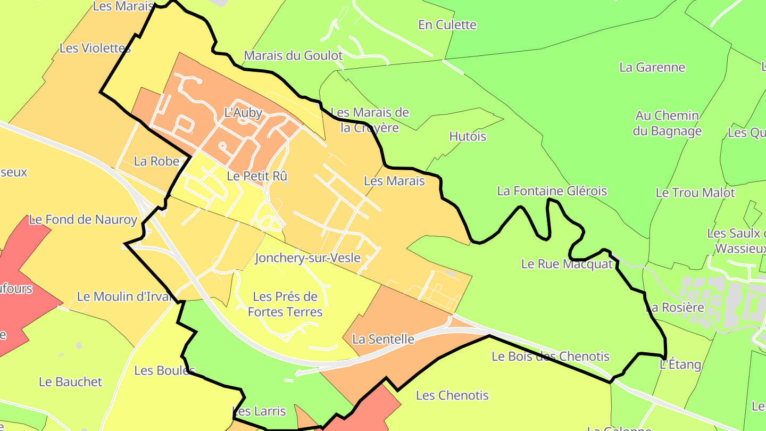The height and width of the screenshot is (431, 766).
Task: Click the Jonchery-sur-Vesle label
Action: (x=307, y=259)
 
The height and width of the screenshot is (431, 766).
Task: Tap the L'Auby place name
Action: (x=243, y=113)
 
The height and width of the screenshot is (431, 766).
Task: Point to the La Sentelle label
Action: (x=383, y=339)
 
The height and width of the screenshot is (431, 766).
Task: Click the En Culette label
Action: (x=447, y=25)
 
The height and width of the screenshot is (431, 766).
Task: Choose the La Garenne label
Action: (x=652, y=68)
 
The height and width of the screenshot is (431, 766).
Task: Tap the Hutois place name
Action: (x=468, y=137)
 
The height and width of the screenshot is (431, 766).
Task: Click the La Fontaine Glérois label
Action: (x=552, y=191)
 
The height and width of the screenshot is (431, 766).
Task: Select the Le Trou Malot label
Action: (x=695, y=193)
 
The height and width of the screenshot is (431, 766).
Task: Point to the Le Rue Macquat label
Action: (x=567, y=264)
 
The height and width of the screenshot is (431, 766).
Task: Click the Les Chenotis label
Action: (x=452, y=395)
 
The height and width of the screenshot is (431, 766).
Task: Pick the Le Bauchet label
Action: (x=70, y=382)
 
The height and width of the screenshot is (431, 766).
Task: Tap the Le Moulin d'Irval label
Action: (x=126, y=297)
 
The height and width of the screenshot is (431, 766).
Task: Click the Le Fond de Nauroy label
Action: (x=83, y=219)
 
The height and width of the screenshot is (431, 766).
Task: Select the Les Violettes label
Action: (x=95, y=48)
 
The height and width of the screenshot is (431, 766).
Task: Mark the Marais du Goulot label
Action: (x=293, y=55)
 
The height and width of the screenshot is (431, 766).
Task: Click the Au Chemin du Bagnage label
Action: (x=667, y=123)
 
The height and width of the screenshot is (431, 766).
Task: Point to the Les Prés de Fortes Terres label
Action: (x=285, y=304)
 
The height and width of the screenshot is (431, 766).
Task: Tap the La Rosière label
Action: (x=675, y=308)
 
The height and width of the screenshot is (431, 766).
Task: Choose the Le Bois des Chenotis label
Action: (x=550, y=357)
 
